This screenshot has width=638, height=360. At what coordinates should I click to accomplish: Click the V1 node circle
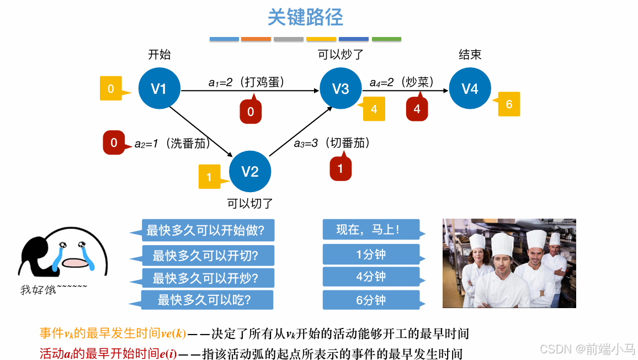[159, 88]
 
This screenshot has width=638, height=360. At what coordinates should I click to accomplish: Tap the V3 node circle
[341, 88]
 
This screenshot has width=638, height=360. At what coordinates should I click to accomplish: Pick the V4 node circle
[470, 88]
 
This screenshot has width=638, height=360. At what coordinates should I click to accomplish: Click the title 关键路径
[305, 18]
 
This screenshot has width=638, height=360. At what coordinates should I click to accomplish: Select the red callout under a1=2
[251, 112]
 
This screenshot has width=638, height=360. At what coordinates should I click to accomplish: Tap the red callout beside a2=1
[114, 142]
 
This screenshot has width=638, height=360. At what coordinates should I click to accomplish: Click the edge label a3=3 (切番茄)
[332, 143]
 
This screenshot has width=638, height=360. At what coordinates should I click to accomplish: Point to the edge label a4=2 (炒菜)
[401, 82]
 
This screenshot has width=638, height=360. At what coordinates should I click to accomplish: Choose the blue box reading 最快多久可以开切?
[206, 255]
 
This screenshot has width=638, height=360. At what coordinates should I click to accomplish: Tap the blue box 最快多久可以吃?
[206, 300]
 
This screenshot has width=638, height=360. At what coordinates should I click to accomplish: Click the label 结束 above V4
[470, 55]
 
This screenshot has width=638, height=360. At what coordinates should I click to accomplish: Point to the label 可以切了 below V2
[250, 204]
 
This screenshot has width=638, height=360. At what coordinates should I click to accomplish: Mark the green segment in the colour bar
[386, 39]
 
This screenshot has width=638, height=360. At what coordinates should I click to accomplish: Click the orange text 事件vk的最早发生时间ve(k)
[113, 333]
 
